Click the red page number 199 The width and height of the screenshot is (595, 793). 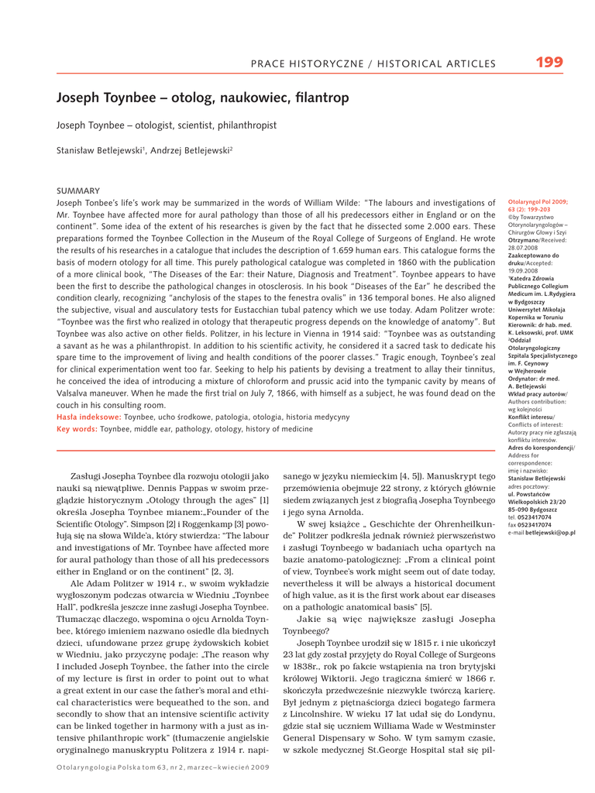point(549,62)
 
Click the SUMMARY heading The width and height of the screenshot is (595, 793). point(78,191)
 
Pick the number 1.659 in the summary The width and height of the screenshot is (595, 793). point(344,251)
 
